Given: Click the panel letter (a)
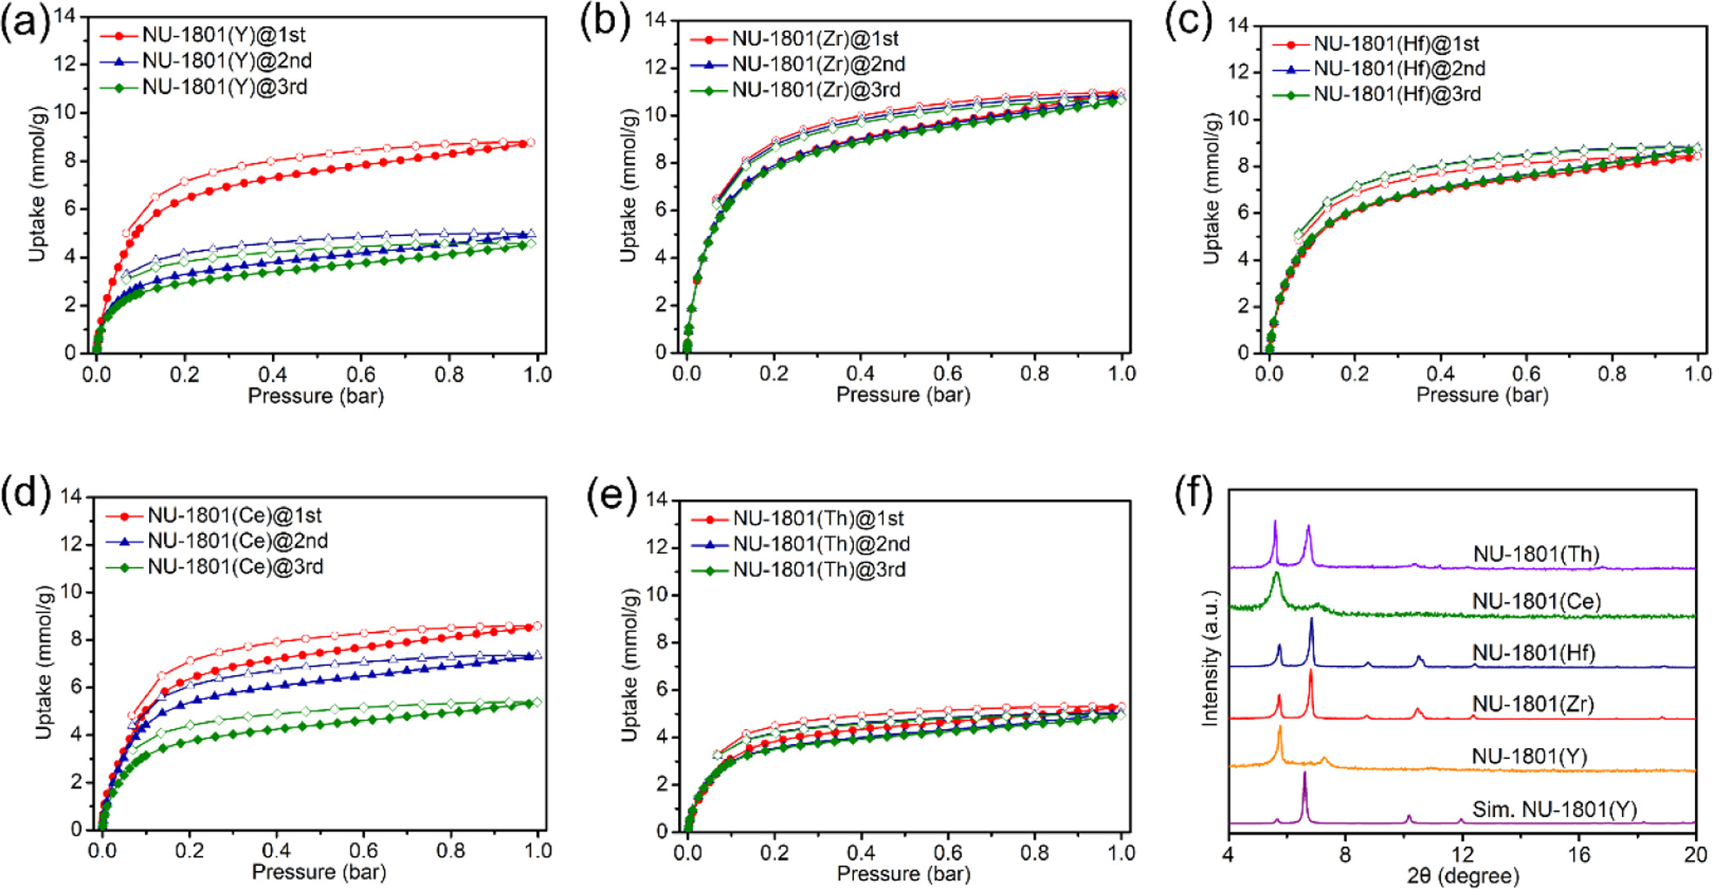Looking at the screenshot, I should point(25,22).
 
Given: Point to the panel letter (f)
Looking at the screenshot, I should point(1193,495).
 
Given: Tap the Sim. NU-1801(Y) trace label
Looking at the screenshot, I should point(1554,810).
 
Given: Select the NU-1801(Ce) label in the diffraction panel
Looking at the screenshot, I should point(1536,601).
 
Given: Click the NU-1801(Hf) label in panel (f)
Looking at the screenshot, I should point(1534,653).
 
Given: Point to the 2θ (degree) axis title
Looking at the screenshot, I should point(1462,875).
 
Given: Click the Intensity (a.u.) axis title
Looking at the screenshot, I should point(1209,658).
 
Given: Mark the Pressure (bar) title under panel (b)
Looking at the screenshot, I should point(902,395).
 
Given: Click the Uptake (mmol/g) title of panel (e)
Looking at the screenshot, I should point(629,664).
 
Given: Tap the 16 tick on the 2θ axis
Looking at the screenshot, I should point(1579,854).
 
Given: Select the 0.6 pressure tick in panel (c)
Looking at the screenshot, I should point(1526,374).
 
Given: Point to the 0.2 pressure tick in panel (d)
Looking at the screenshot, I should point(189,850).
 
